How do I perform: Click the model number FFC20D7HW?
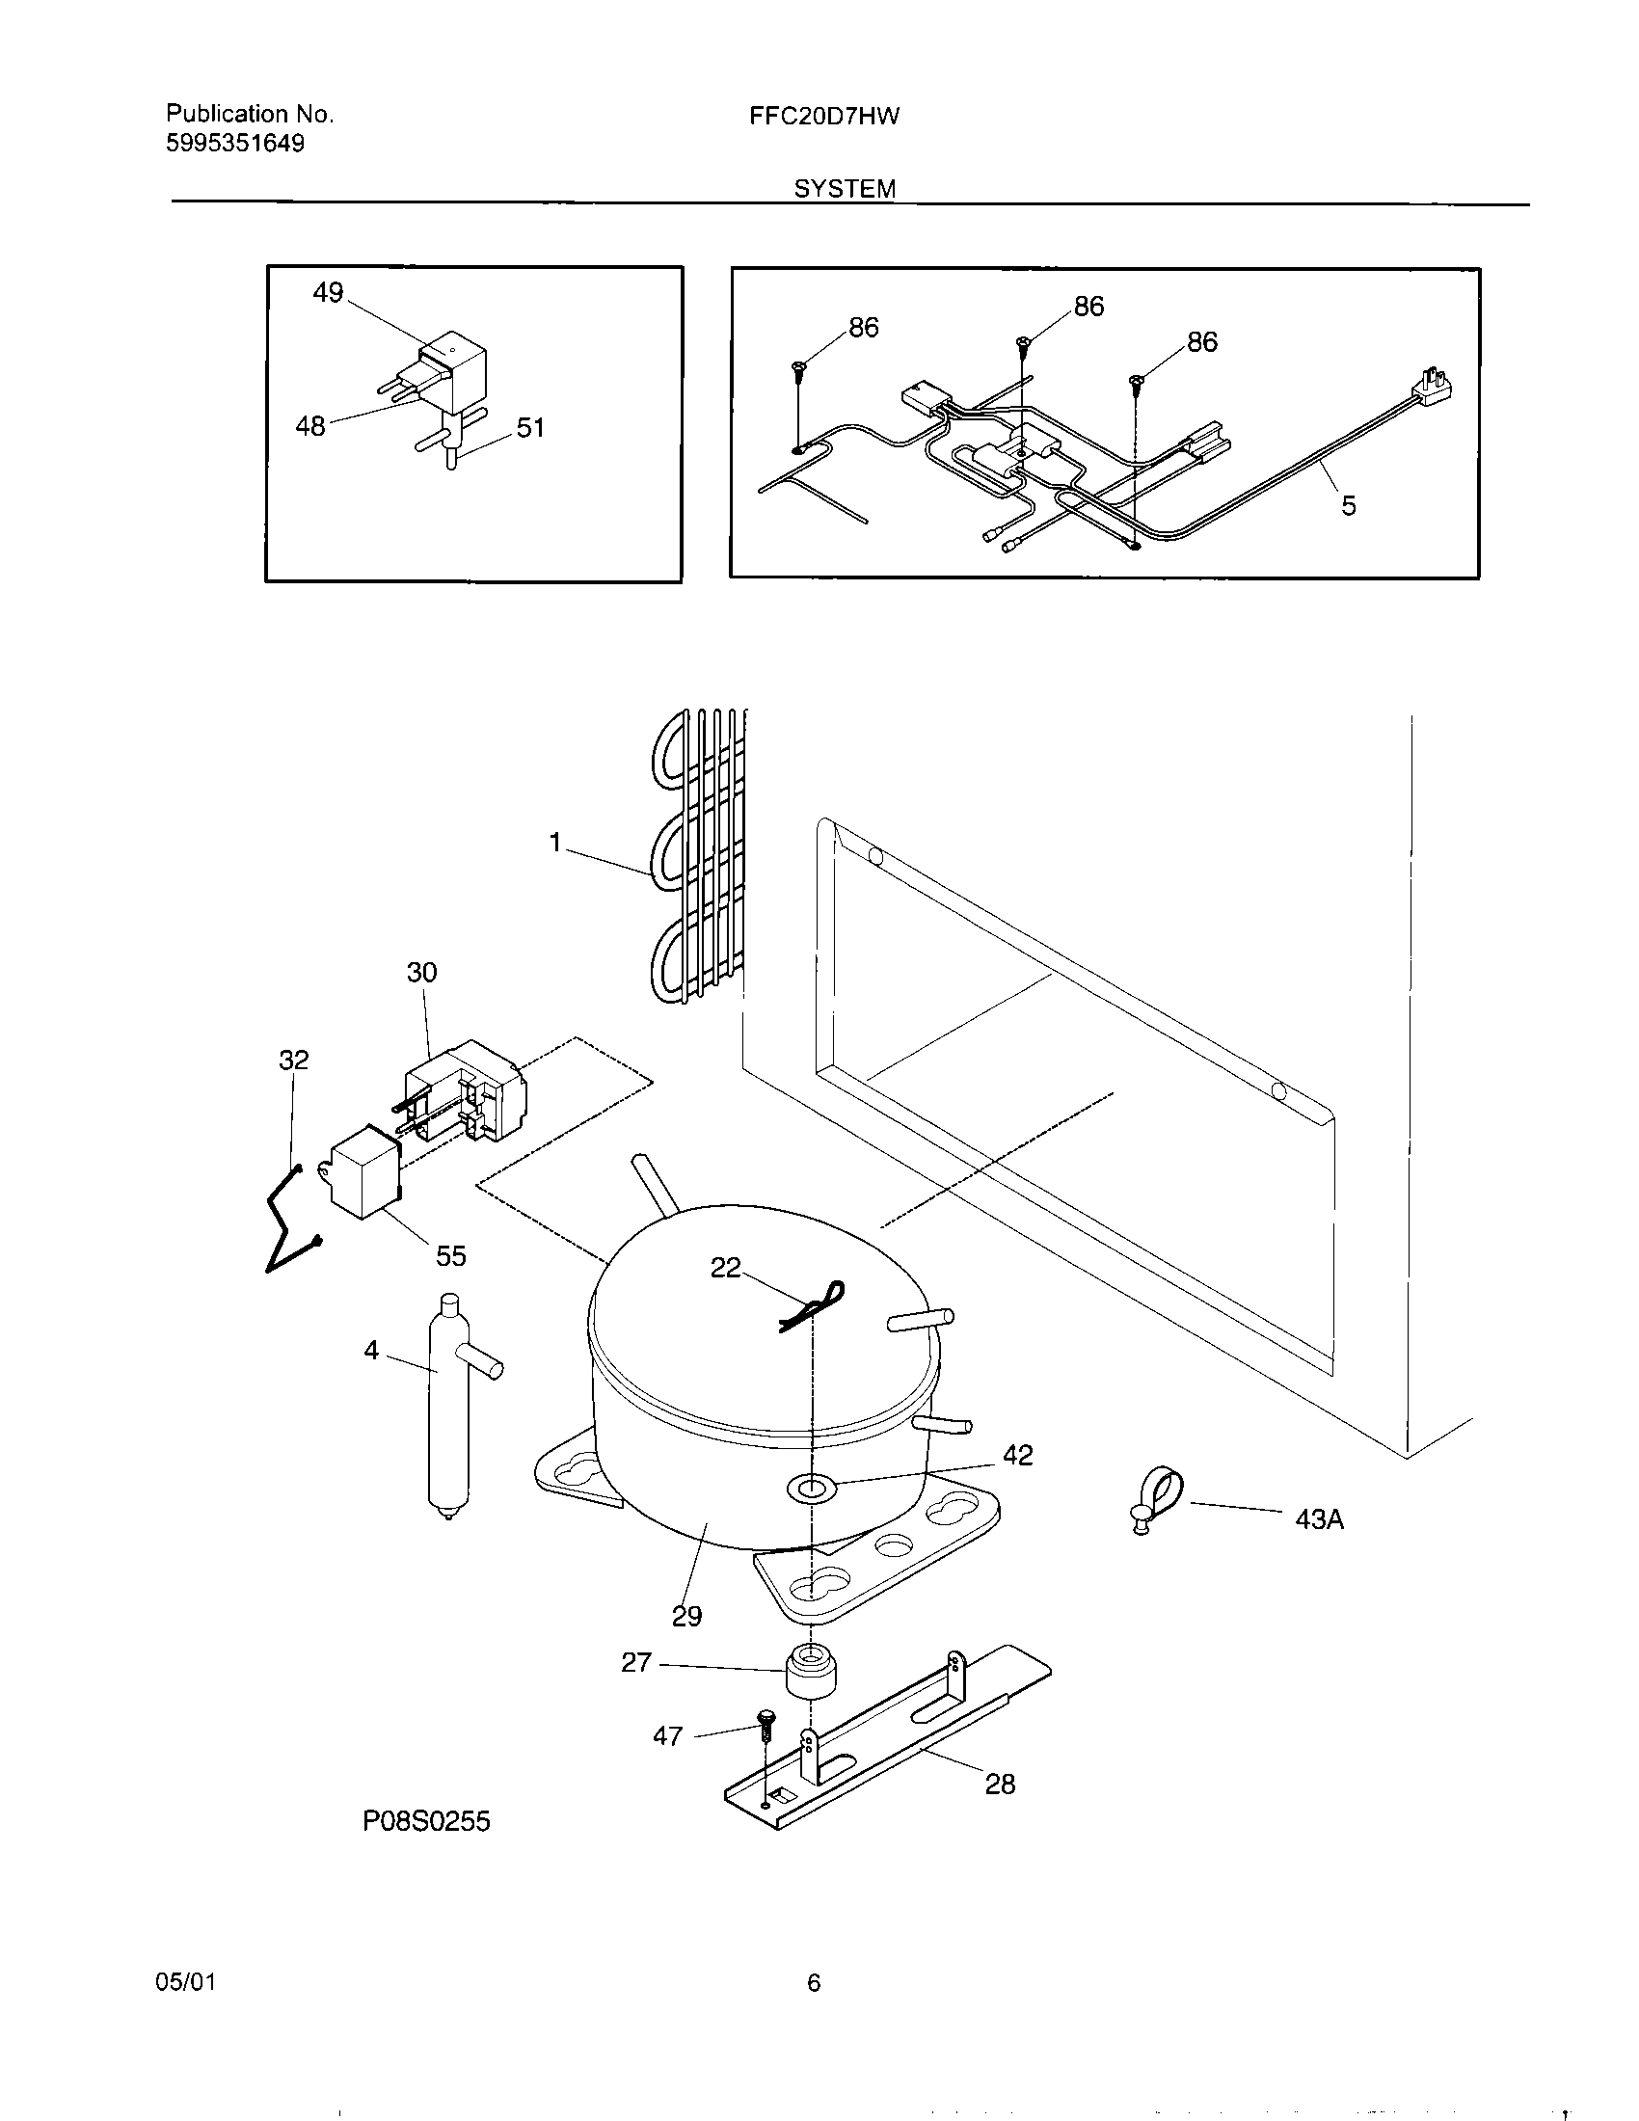pyautogui.click(x=823, y=118)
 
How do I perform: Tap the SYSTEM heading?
pyautogui.click(x=845, y=189)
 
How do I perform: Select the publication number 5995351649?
pyautogui.click(x=235, y=144)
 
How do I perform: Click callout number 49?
pyautogui.click(x=328, y=292)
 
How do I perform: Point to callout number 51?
pyautogui.click(x=530, y=427)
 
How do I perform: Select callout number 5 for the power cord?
pyautogui.click(x=1348, y=505)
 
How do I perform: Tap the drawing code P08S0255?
pyautogui.click(x=426, y=1822)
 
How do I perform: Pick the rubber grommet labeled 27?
pyautogui.click(x=809, y=1672)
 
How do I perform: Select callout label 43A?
pyautogui.click(x=1319, y=1518)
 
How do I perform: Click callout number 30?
pyautogui.click(x=421, y=972)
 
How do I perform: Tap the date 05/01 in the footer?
pyautogui.click(x=185, y=1982)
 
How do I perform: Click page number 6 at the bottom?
pyautogui.click(x=814, y=1983)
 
